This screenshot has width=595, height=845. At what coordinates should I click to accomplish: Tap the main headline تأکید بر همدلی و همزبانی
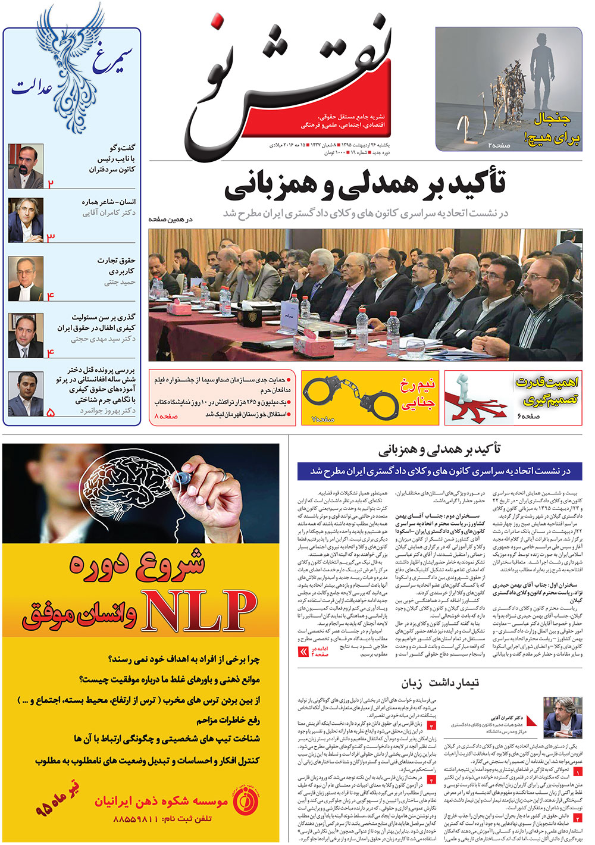[x=364, y=184]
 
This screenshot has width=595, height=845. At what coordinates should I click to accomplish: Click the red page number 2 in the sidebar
[x=51, y=184]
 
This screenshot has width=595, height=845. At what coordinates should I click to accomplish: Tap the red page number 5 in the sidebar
[x=51, y=412]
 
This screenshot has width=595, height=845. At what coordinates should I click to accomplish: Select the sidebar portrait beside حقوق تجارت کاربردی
[x=26, y=278]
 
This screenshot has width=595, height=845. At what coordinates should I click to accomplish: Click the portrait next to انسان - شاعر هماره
[x=26, y=220]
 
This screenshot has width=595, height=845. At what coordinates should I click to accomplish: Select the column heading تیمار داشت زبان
[x=440, y=683]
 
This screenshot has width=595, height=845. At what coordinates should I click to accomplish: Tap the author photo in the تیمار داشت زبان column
[x=562, y=718]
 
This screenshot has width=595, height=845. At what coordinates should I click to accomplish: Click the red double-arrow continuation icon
[x=303, y=652]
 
